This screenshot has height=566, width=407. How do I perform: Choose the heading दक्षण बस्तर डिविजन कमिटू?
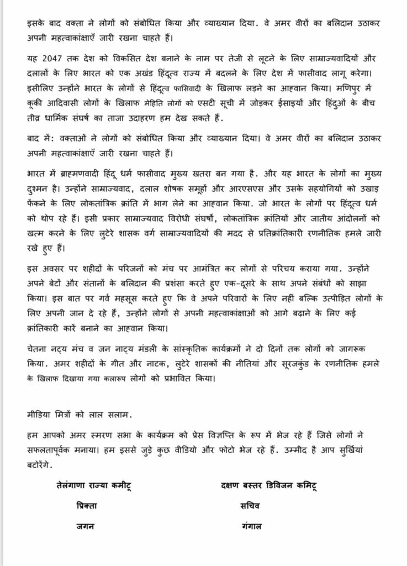point(270,486)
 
